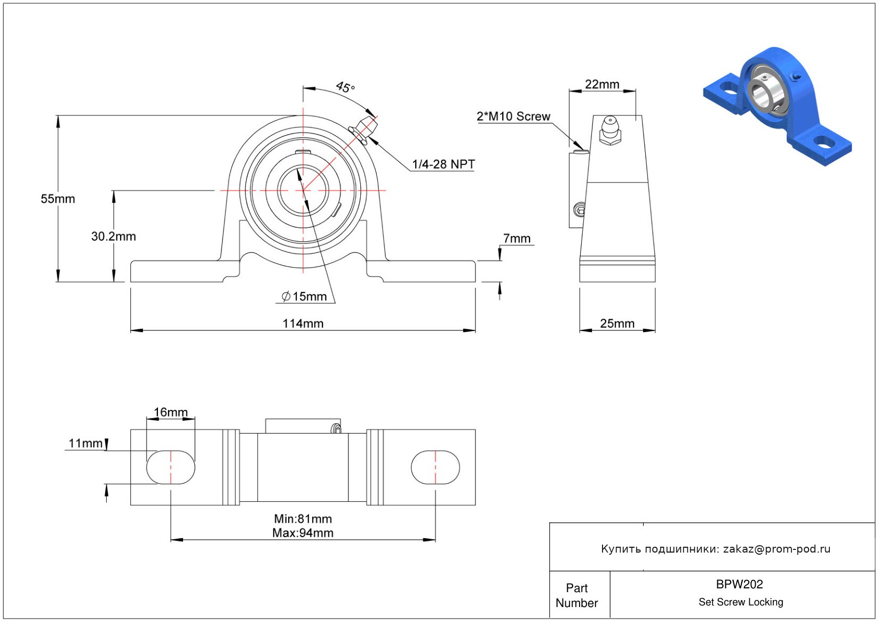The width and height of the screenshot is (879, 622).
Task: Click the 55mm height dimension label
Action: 58,199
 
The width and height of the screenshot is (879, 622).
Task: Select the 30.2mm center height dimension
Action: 113,237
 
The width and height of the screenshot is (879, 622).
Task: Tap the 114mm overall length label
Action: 303,324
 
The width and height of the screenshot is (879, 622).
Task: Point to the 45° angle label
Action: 345,87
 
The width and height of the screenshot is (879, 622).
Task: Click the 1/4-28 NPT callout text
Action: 444,164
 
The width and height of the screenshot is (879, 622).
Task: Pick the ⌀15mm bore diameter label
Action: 304,296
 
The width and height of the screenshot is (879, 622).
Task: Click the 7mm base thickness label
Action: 517,238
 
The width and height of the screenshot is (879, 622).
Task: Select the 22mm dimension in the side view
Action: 602,84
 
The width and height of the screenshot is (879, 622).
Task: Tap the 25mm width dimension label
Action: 617,324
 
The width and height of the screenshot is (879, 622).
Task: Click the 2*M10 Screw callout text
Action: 513,116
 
